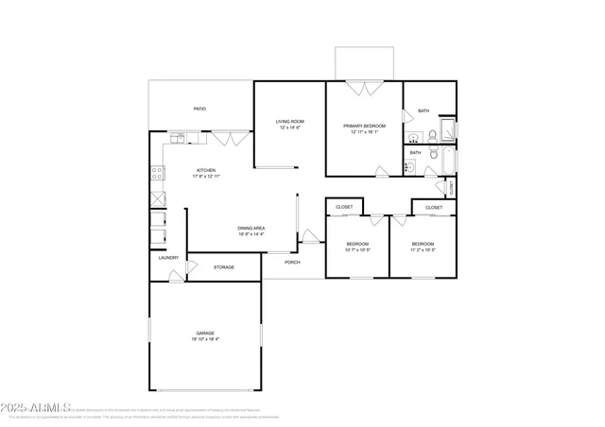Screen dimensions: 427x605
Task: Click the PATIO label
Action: point(199,109)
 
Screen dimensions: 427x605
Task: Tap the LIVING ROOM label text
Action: point(289,121)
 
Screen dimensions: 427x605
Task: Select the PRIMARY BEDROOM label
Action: point(364,125)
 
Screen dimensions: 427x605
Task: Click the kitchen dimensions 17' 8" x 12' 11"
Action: point(206,177)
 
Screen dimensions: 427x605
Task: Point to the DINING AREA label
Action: point(251,228)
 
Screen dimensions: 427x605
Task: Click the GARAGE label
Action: point(205,333)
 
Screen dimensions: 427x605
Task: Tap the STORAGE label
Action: point(223,267)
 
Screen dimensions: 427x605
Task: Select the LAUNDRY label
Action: point(168,258)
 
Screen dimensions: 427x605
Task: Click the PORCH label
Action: point(292,262)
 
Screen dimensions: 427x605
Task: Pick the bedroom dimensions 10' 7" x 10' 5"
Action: point(357,250)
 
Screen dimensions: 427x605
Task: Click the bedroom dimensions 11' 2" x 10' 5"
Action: point(423,250)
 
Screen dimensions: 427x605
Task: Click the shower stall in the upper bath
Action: point(448,129)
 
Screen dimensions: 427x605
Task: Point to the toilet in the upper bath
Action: point(430,133)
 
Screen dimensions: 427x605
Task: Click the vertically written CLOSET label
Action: point(452,188)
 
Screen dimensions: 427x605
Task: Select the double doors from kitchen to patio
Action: point(224,139)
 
